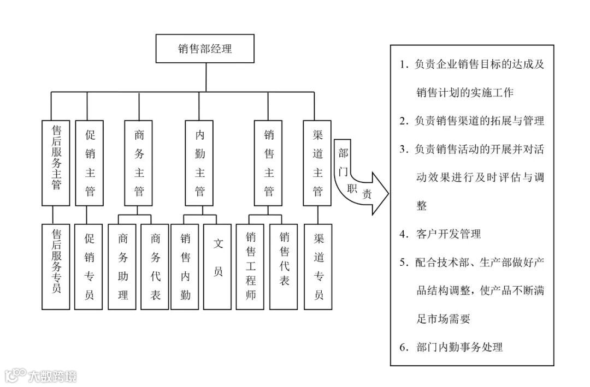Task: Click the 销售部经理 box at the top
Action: click(x=205, y=49)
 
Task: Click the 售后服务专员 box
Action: click(x=56, y=266)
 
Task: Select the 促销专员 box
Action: click(x=90, y=266)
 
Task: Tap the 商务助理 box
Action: click(x=122, y=266)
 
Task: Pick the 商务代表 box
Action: click(x=155, y=266)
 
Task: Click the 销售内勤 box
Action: click(x=185, y=266)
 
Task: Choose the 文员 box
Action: click(x=218, y=266)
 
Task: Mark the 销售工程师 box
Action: click(x=250, y=266)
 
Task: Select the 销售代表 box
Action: click(x=284, y=266)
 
